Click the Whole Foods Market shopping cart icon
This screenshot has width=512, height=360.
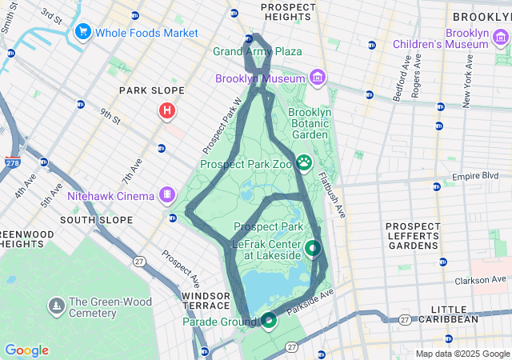click(82, 33)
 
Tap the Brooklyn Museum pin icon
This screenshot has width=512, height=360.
click(318, 78)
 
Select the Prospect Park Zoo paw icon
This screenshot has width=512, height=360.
click(305, 163)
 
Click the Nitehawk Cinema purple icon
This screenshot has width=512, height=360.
click(167, 194)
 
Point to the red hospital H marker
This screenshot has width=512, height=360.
click(166, 110)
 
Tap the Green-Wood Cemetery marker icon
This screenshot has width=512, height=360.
click(56, 306)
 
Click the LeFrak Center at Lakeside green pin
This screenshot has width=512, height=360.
click(312, 248)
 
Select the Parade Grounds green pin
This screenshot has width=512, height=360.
click(268, 321)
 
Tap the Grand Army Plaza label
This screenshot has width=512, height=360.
click(258, 52)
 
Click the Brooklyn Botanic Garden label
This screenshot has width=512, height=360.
click(309, 124)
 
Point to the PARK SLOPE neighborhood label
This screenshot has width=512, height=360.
click(152, 90)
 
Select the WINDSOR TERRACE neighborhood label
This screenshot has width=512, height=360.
click(206, 302)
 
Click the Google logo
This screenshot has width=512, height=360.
click(26, 350)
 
